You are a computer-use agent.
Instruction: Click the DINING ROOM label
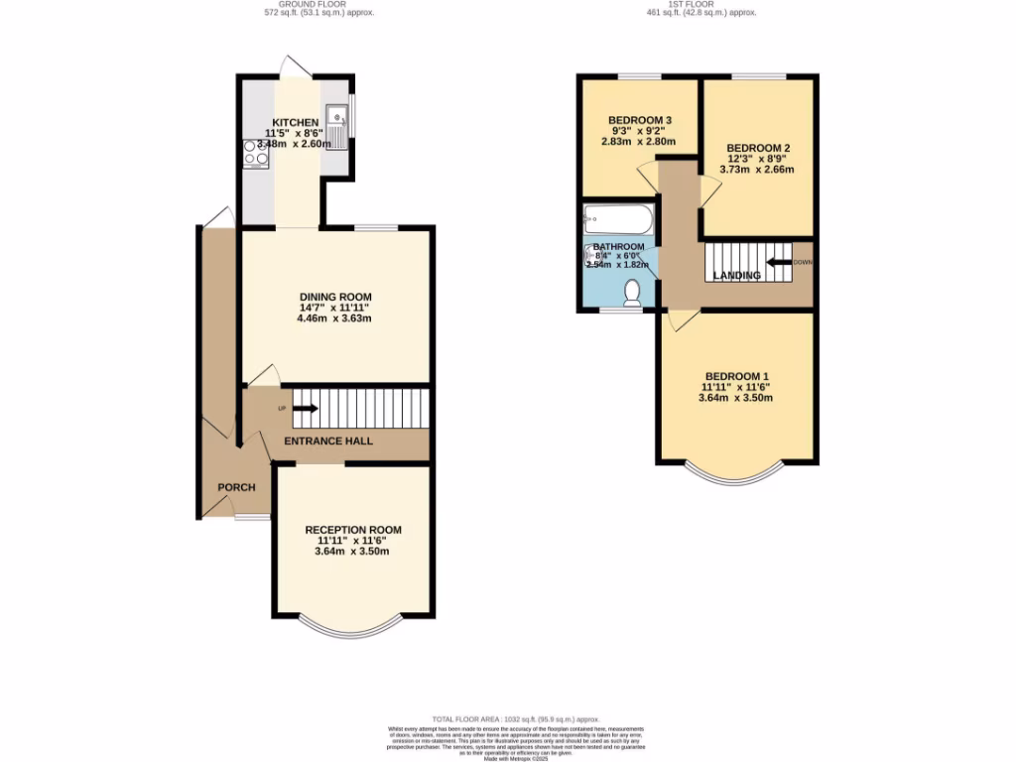(x=335, y=297)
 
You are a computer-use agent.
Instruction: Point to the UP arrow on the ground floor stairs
(x=305, y=408)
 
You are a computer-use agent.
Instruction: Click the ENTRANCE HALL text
(x=329, y=441)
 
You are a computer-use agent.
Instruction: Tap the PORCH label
(x=236, y=487)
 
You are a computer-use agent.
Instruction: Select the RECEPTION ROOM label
(x=353, y=530)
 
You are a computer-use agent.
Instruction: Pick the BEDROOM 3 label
(x=640, y=121)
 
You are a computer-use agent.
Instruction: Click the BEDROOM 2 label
(x=758, y=148)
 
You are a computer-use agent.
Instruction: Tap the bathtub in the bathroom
(x=617, y=218)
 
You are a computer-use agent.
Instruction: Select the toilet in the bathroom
(x=632, y=292)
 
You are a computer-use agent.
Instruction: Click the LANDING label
(x=737, y=276)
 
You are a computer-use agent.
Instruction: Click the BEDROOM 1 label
(x=737, y=376)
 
